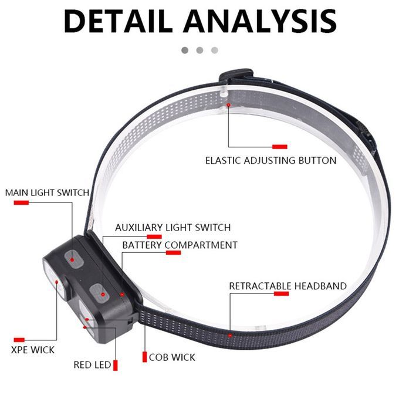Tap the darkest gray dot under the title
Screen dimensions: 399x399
coord(185,50)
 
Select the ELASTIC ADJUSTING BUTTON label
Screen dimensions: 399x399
coord(270,160)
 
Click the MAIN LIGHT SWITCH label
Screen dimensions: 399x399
coord(47,192)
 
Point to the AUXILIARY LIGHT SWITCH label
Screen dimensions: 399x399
coord(173,227)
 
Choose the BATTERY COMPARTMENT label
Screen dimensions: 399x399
coord(180,245)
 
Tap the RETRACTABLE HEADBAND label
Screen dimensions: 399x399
coord(288,286)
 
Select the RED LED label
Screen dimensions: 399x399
coord(92,364)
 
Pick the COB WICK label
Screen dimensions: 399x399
coord(172,357)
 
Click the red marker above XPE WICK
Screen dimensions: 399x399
coord(19,340)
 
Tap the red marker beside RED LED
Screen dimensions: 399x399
coord(116,365)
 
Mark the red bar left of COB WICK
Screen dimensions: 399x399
coord(144,357)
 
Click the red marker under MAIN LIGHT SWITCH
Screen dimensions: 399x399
coord(21,202)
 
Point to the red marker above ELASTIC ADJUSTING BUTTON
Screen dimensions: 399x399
coord(280,146)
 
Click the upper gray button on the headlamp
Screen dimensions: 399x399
coord(75,257)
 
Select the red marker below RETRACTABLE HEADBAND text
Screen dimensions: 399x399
coord(281,293)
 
